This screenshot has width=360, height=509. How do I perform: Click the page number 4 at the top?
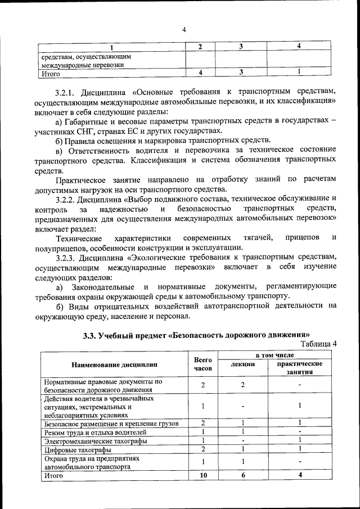click(184, 30)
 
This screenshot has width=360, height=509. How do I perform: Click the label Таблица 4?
click(319, 344)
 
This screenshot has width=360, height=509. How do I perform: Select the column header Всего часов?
click(202, 364)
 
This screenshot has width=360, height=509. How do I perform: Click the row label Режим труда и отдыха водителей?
click(95, 432)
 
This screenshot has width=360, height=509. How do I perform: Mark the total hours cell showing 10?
click(203, 475)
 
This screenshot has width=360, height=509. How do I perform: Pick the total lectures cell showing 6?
click(243, 475)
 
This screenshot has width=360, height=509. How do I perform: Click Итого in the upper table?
click(51, 73)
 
